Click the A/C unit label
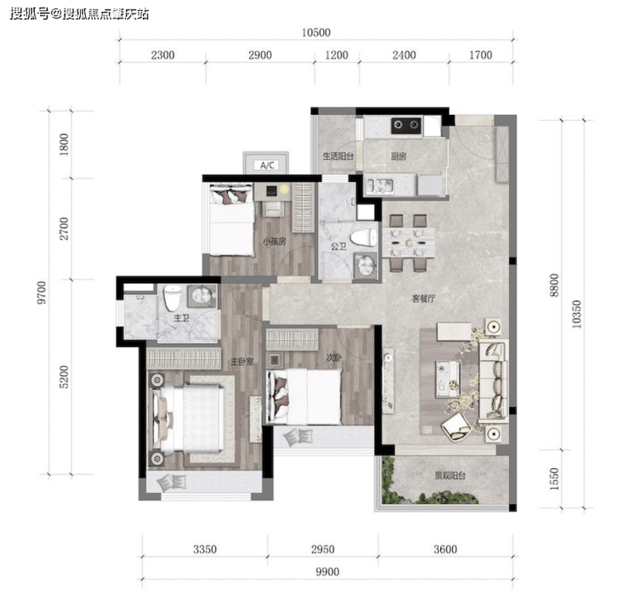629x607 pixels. click(267, 165)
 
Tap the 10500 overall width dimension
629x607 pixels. click(316, 32)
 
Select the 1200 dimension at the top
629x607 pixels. click(337, 55)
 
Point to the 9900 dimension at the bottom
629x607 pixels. click(327, 571)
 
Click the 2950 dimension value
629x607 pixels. click(323, 549)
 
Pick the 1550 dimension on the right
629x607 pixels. click(554, 479)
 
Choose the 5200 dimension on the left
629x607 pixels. click(64, 377)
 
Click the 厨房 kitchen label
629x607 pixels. click(399, 156)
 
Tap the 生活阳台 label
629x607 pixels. click(338, 156)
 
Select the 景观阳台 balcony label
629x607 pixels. click(450, 476)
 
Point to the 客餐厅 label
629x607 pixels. click(423, 298)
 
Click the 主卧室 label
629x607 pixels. click(242, 362)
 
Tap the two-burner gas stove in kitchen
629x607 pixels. click(406, 125)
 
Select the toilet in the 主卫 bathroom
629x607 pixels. click(172, 298)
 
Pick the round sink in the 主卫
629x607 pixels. click(201, 295)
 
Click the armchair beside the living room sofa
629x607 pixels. click(456, 427)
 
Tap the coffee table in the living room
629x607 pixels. click(448, 378)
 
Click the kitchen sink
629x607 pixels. click(379, 185)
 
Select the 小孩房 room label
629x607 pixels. click(275, 241)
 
